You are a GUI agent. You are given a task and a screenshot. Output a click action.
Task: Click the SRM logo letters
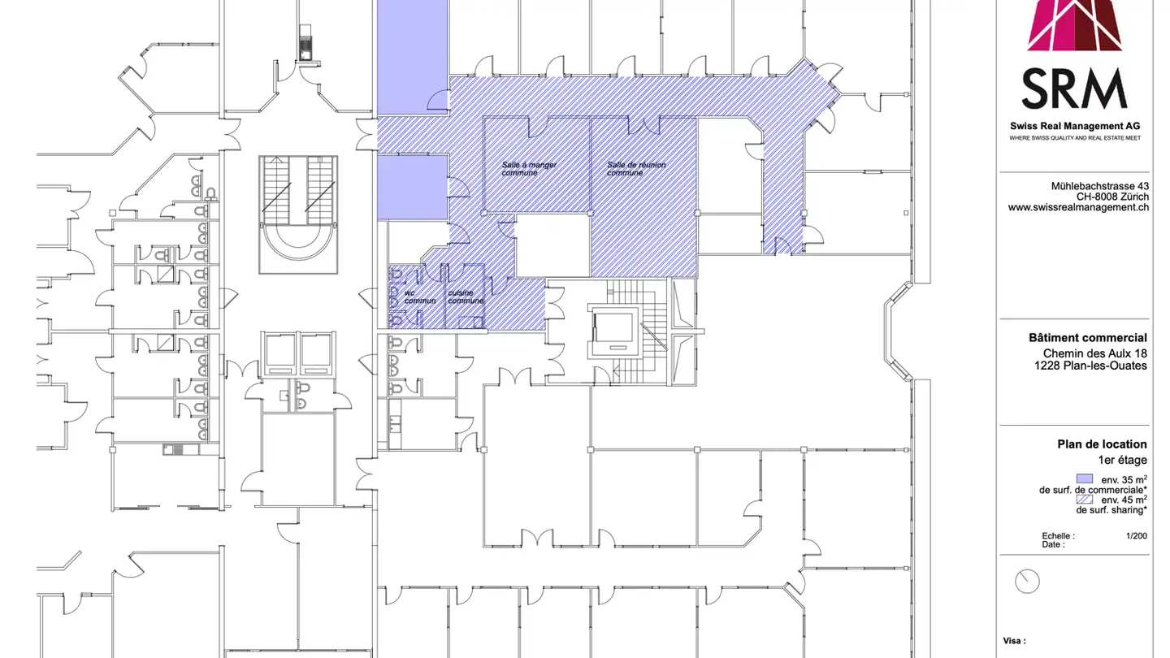[1074, 89]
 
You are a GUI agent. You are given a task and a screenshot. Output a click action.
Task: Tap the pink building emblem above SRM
[1074, 25]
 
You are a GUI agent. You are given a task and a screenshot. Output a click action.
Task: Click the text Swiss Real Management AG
[1075, 126]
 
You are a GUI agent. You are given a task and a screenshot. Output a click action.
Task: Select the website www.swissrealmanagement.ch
[1078, 208]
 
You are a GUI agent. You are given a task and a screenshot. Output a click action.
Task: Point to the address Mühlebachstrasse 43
[1099, 186]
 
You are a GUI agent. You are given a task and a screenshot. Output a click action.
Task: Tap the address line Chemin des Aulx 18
[1094, 353]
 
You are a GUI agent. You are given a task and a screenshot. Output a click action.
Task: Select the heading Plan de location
[1102, 444]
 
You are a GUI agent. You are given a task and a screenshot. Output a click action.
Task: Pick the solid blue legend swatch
[1084, 478]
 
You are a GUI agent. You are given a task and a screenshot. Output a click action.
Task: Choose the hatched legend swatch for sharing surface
[1084, 500]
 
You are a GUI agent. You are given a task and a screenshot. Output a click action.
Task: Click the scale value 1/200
[1136, 536]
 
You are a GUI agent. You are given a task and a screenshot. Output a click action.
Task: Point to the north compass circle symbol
[1027, 581]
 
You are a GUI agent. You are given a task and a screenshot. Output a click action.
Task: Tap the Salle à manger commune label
[529, 169]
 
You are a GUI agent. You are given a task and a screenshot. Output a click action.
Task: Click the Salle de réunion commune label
[636, 169]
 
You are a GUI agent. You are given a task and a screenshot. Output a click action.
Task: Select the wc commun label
[420, 297]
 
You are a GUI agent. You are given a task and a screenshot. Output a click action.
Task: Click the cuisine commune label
[466, 297]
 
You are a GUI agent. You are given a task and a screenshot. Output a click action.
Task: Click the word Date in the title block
[1052, 544]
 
